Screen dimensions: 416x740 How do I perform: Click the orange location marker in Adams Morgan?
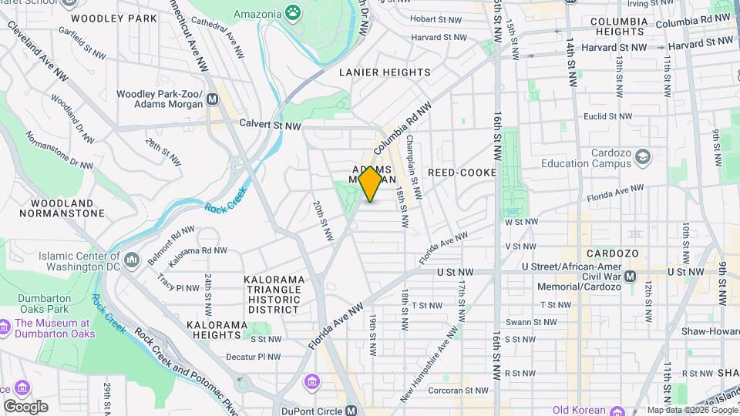pos(371,183)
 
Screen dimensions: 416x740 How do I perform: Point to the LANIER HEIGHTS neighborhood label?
pos(385,72)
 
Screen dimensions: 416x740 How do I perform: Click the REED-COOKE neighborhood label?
pos(462,173)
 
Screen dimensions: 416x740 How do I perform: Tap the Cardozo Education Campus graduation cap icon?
pos(643,158)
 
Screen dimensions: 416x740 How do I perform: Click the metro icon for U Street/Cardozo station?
pos(630,276)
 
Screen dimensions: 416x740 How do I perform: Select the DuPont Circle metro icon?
pos(351,410)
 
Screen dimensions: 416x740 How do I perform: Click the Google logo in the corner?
pos(25,406)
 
